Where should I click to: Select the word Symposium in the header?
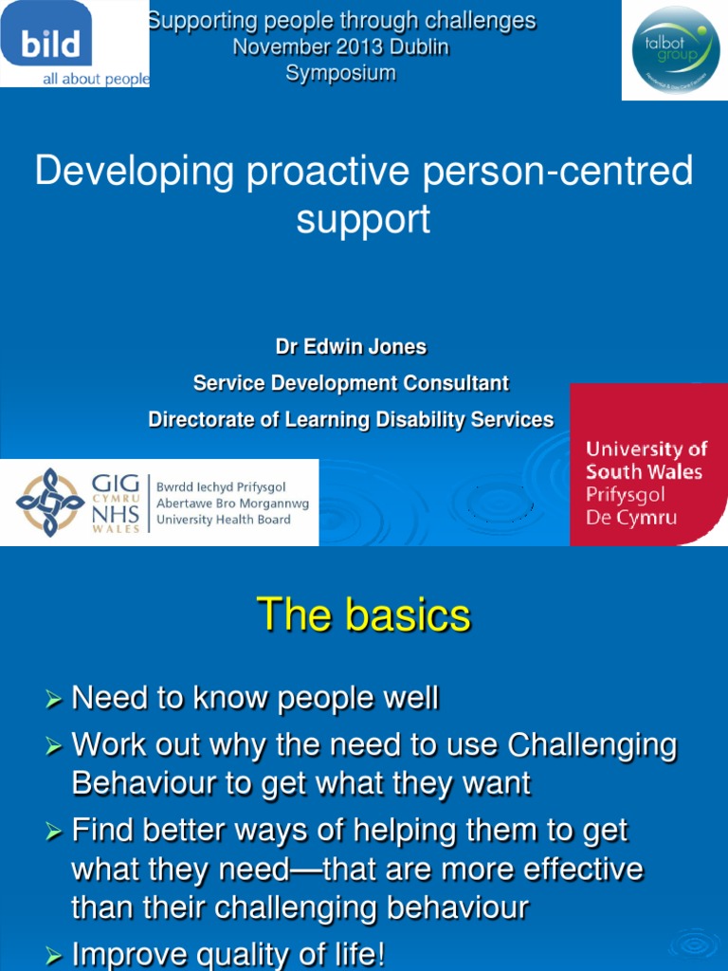pyautogui.click(x=341, y=74)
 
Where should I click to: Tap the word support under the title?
pyautogui.click(x=363, y=219)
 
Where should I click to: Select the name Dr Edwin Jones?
pyautogui.click(x=351, y=347)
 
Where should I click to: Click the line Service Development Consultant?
pyautogui.click(x=351, y=383)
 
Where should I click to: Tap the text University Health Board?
pyautogui.click(x=224, y=520)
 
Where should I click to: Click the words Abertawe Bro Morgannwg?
pyautogui.click(x=232, y=504)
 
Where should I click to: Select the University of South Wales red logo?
pyautogui.click(x=648, y=465)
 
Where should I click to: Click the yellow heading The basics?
pyautogui.click(x=364, y=614)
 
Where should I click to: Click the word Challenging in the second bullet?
pyautogui.click(x=592, y=745)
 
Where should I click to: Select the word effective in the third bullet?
pyautogui.click(x=581, y=870)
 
